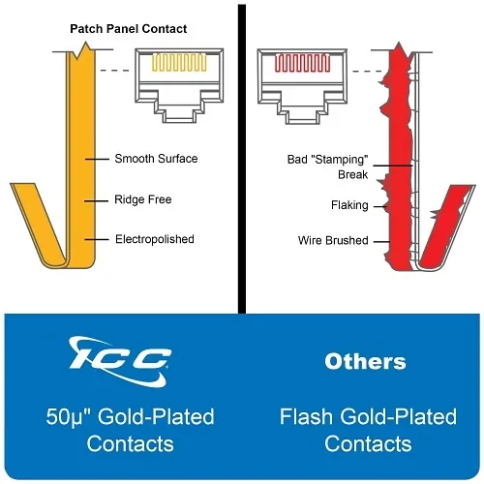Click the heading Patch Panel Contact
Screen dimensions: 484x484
tap(129, 29)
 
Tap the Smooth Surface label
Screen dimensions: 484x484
tap(156, 159)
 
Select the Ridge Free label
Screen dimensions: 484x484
tap(143, 199)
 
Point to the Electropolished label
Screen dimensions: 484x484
tap(155, 239)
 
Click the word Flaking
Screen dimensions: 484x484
tap(349, 205)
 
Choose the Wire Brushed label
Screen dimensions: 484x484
tap(333, 240)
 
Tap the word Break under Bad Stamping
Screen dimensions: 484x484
tap(353, 174)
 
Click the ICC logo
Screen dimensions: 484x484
tap(120, 361)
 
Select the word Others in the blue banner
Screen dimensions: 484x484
tap(365, 361)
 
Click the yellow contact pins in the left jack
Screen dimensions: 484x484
tap(179, 62)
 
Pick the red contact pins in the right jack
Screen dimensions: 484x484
tap(302, 63)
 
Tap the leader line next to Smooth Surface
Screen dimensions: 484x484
tap(97, 159)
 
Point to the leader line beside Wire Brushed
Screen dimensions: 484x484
tap(381, 241)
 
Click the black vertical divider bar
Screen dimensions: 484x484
tap(242, 159)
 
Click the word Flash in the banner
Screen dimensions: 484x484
tap(306, 416)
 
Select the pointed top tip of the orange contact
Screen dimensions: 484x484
tap(86, 42)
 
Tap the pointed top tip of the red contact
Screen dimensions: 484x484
tap(399, 43)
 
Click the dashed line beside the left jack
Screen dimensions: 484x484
tap(114, 71)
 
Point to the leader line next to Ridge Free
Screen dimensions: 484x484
tap(96, 201)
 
